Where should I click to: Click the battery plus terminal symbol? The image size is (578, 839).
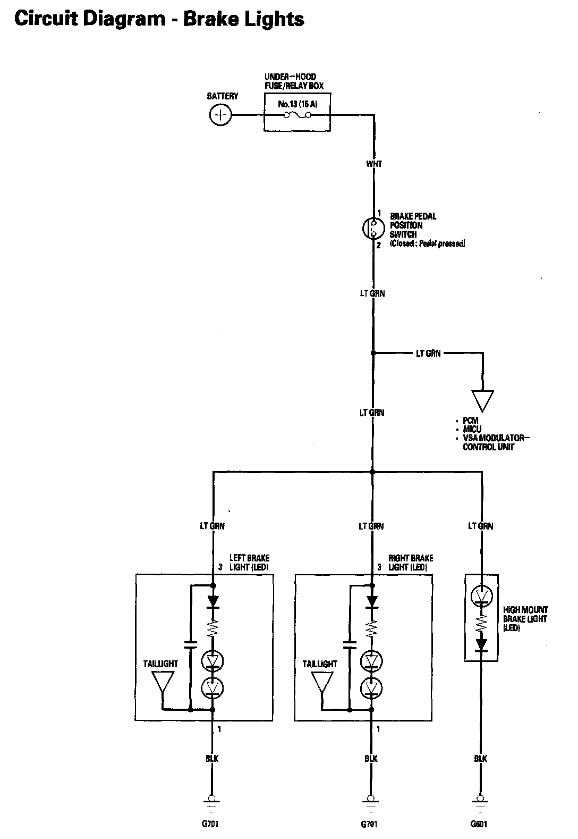pyautogui.click(x=220, y=115)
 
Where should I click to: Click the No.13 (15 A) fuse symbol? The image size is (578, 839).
pyautogui.click(x=297, y=115)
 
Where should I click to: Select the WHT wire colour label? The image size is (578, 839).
pyautogui.click(x=374, y=164)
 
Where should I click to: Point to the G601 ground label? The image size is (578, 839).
pyautogui.click(x=478, y=824)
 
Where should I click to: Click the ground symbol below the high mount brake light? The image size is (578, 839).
pyautogui.click(x=481, y=801)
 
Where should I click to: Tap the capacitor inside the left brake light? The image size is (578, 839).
pyautogui.click(x=190, y=644)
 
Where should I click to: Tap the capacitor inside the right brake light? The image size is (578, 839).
pyautogui.click(x=349, y=644)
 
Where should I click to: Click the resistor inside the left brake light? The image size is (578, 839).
pyautogui.click(x=213, y=629)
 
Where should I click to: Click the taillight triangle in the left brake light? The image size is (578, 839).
pyautogui.click(x=163, y=683)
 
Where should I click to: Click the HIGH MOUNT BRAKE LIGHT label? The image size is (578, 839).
pyautogui.click(x=525, y=619)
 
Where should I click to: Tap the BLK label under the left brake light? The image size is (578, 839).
pyautogui.click(x=212, y=758)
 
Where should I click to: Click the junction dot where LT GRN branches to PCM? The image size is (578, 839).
pyautogui.click(x=372, y=353)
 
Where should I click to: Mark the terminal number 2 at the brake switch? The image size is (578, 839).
pyautogui.click(x=379, y=245)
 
